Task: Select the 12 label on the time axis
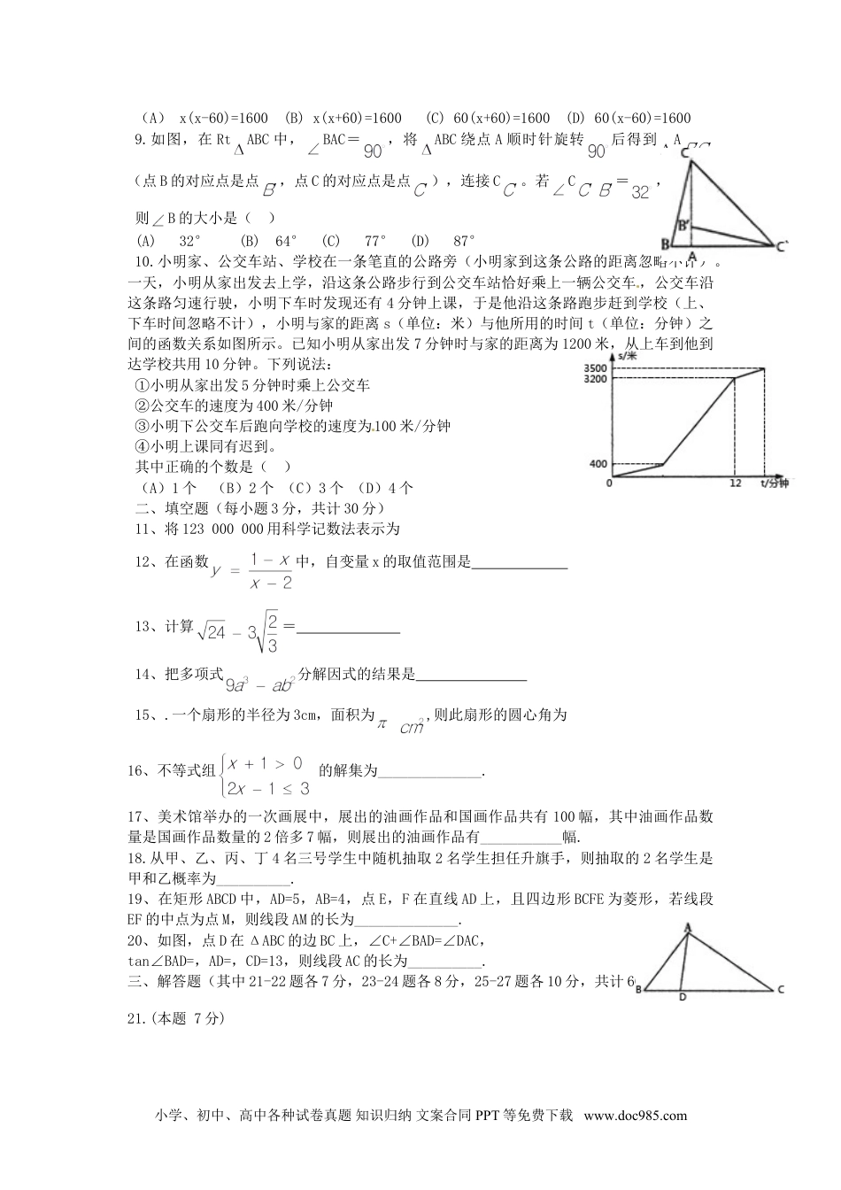734,484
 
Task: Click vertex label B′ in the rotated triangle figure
683,225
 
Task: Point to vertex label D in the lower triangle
681,997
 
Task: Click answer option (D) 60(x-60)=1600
629,118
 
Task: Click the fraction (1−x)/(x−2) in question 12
271,571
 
